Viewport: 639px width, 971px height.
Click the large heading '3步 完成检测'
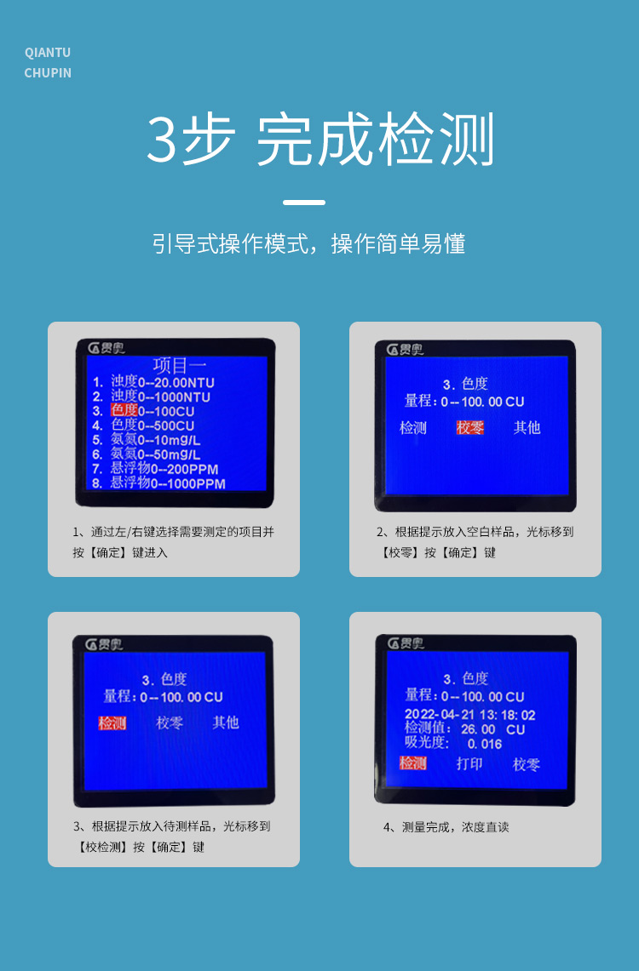(x=319, y=140)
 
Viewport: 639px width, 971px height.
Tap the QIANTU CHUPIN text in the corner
(x=48, y=62)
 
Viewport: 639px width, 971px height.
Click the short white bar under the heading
(x=303, y=202)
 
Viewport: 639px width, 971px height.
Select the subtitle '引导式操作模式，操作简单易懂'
(x=308, y=243)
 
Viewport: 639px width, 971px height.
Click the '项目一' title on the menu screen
(x=179, y=365)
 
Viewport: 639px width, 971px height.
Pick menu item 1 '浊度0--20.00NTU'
(x=153, y=382)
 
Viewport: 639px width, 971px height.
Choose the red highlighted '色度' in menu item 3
(x=124, y=410)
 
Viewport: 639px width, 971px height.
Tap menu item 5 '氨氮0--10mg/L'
(x=147, y=440)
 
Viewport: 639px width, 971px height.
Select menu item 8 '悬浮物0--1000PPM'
(x=158, y=483)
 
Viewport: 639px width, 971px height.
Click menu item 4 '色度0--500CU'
(x=143, y=426)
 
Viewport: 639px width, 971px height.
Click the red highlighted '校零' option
(x=469, y=427)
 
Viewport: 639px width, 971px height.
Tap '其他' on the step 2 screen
(x=527, y=427)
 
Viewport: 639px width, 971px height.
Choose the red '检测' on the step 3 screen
(x=112, y=723)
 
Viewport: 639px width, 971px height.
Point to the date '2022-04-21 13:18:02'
(x=469, y=715)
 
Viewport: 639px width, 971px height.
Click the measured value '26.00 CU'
(x=493, y=729)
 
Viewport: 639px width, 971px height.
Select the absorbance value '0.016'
(x=485, y=745)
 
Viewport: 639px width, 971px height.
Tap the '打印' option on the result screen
(x=469, y=763)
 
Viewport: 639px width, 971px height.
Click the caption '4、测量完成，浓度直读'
(x=446, y=826)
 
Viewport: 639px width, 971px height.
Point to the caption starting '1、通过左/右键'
(x=173, y=542)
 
